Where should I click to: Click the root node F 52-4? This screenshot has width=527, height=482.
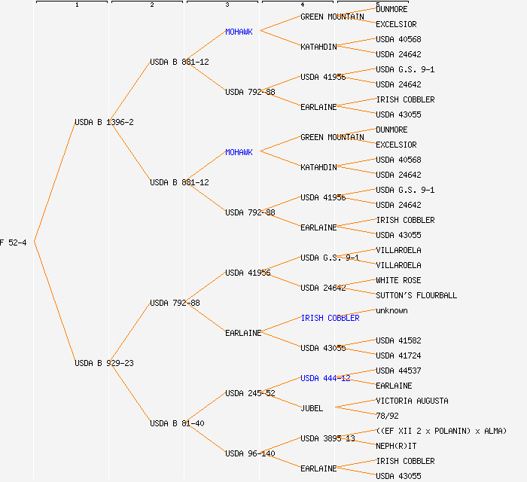coord(14,243)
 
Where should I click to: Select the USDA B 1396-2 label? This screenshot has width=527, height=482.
coord(104,122)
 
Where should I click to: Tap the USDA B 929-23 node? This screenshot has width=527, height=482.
coord(104,363)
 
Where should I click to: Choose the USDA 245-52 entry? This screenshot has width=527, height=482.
coord(250,393)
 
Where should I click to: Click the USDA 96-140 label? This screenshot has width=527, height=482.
coord(250,453)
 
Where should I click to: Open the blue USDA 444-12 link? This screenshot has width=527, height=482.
coord(325,378)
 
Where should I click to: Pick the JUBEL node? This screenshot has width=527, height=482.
coord(312,408)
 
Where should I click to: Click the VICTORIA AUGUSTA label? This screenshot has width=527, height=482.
coord(412,401)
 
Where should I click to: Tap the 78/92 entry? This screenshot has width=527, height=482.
coord(387,416)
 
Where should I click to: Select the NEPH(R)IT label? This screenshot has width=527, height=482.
coord(396,446)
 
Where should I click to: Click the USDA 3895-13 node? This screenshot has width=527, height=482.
coord(327,438)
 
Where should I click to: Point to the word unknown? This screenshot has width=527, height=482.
coord(391,310)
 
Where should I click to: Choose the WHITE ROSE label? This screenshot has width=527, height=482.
coord(398,280)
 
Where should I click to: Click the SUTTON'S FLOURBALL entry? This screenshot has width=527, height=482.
coord(416,295)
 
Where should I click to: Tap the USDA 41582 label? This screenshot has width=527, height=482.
coord(398,340)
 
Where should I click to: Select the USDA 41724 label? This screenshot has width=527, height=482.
coord(398,355)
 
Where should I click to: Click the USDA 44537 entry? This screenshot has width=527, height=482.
coord(398,371)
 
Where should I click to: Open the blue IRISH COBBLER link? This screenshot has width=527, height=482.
coord(330,318)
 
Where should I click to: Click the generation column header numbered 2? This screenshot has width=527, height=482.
coord(151,5)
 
